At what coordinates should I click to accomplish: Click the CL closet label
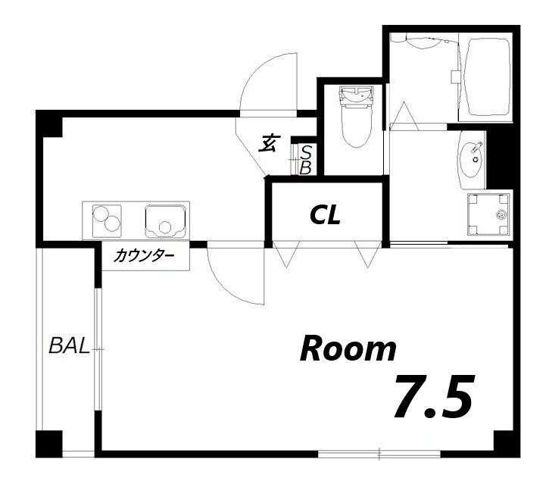point(326,215)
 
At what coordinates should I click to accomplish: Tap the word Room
point(348,349)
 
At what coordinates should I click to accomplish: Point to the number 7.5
point(432,397)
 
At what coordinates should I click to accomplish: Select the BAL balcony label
point(68,348)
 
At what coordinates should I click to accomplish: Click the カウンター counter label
point(145,257)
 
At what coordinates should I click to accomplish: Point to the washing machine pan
point(489,214)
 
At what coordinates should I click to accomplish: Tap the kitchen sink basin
point(165,220)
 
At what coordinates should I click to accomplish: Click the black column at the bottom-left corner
point(49,443)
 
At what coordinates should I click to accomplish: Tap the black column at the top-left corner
point(49,123)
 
